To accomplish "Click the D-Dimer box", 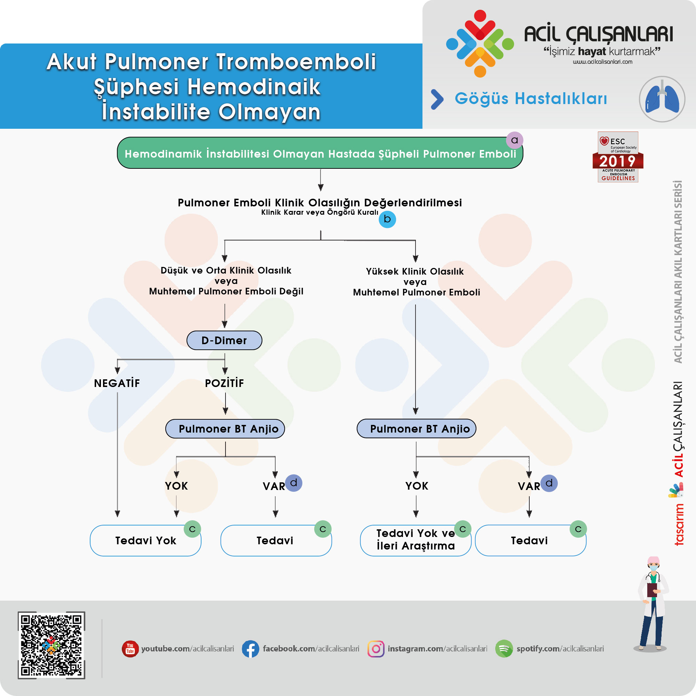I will [x=224, y=340].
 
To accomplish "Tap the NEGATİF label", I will [x=117, y=383].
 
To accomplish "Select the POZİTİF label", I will [x=224, y=383].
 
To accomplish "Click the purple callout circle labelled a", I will [x=514, y=140].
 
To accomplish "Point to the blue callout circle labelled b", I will [x=387, y=219].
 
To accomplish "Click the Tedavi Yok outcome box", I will [x=145, y=540].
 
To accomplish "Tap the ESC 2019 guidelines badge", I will [x=618, y=157].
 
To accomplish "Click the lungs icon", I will [x=662, y=99].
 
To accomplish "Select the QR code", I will [x=52, y=645].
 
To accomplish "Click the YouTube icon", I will [x=130, y=649].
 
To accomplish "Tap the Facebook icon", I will [x=250, y=649].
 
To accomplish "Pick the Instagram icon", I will [x=376, y=649].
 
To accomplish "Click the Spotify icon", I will [x=504, y=649].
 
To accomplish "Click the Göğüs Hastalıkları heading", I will [x=531, y=99].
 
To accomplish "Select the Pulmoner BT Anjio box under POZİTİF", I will [x=225, y=429].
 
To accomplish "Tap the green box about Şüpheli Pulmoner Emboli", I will [x=320, y=153].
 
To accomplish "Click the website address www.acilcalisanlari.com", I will [x=602, y=62].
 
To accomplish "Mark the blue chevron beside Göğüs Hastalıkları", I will [x=437, y=99].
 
